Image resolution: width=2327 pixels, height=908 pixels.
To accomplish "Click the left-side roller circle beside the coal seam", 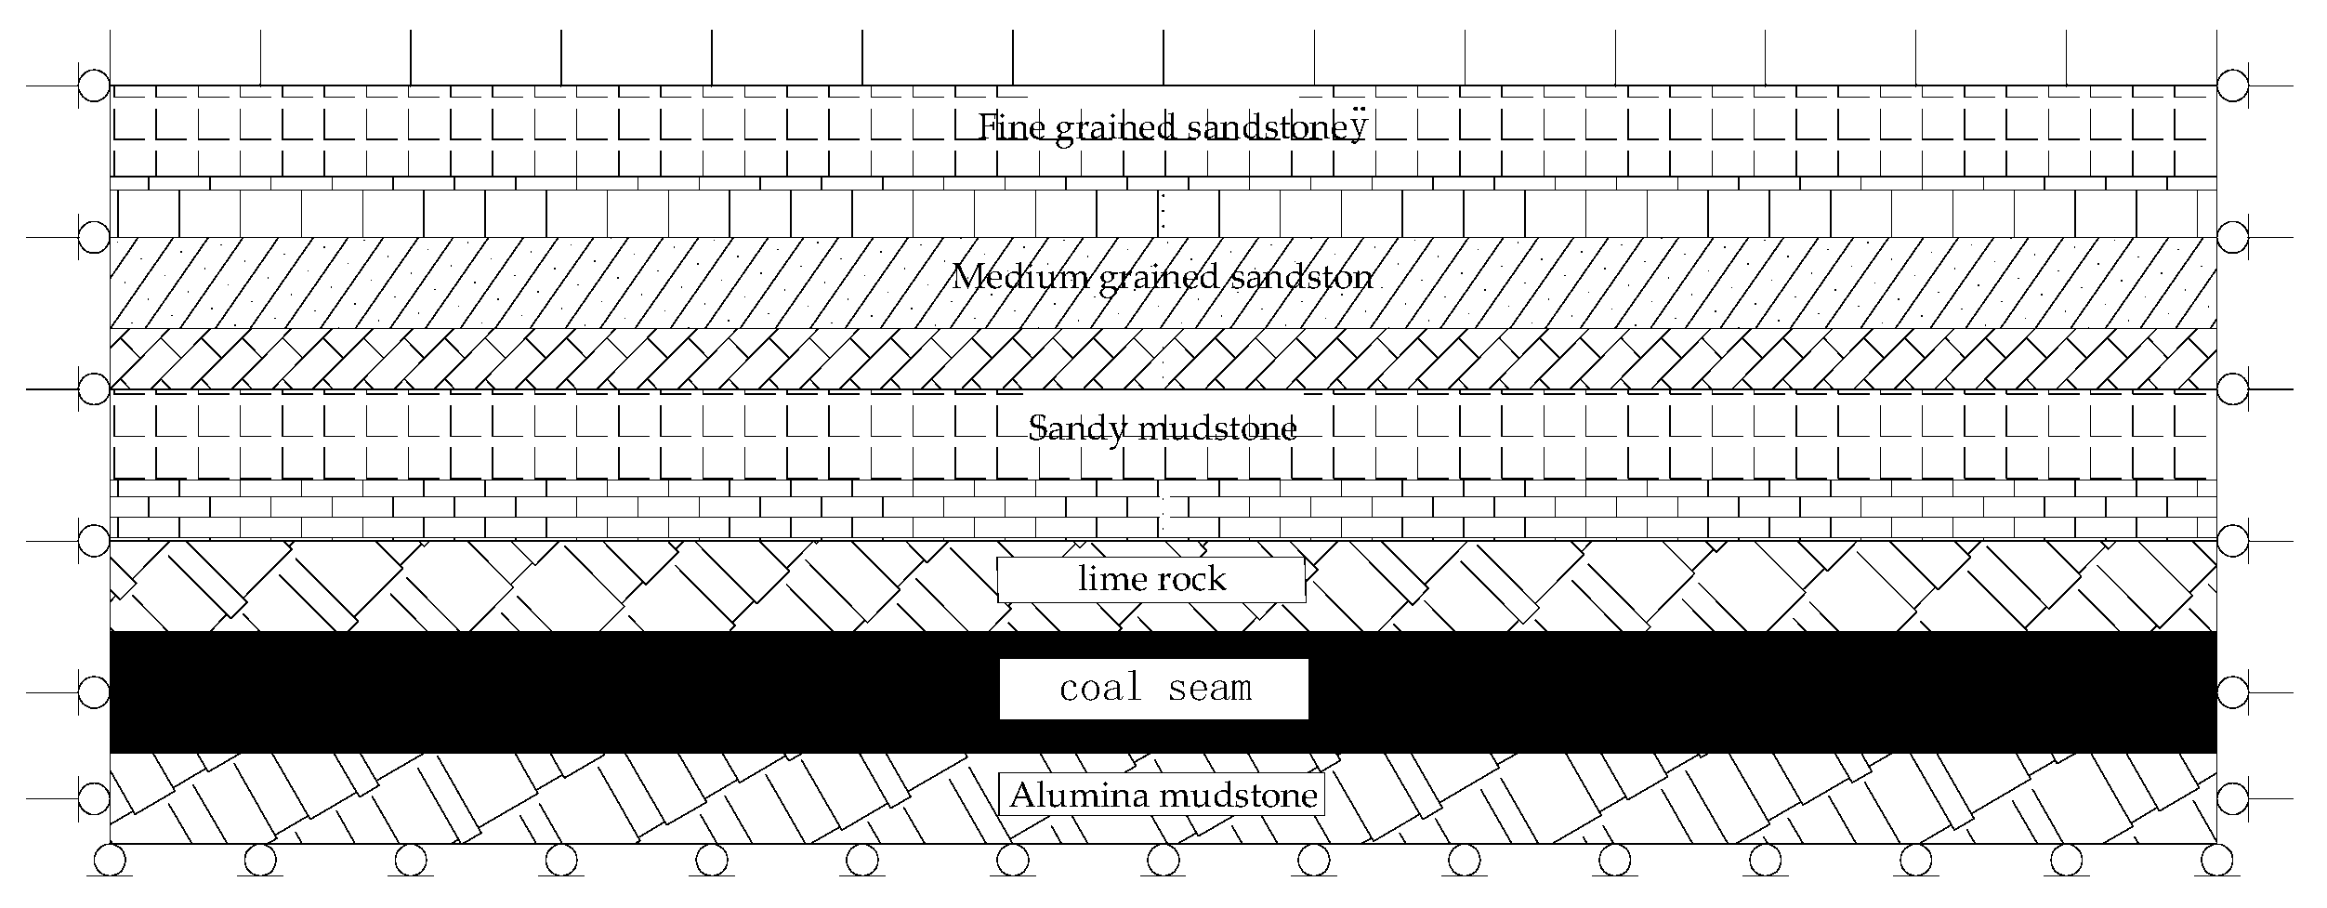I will [94, 692].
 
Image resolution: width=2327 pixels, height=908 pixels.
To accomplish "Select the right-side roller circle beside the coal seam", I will [2232, 692].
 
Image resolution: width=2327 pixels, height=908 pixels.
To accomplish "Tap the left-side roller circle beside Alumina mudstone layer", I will [94, 797].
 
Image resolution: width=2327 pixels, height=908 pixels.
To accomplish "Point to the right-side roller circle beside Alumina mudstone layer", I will [2232, 797].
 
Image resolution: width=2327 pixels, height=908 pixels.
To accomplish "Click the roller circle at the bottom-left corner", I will [110, 860].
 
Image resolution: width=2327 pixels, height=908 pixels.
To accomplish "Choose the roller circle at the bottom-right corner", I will [2216, 860].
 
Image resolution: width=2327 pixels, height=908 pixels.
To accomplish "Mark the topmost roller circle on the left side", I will [94, 86].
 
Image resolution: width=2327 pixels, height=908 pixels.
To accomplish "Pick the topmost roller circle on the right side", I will [2232, 86].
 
